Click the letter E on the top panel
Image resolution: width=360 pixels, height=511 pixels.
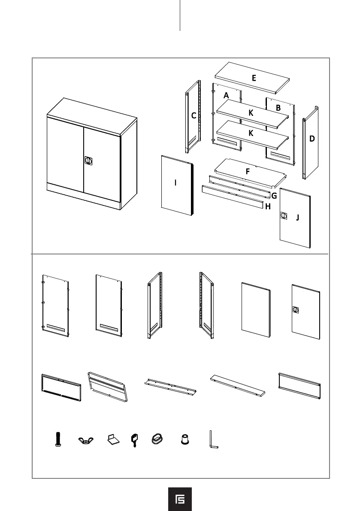click(254, 78)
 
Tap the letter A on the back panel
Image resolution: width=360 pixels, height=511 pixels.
click(226, 95)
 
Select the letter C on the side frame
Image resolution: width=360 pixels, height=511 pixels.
click(194, 116)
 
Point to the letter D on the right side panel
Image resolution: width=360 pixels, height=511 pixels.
click(312, 139)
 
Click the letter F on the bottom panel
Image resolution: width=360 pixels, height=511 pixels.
click(248, 171)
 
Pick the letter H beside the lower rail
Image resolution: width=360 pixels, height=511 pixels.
click(268, 206)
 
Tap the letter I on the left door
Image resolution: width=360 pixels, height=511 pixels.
click(175, 183)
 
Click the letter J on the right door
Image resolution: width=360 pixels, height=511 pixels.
click(297, 218)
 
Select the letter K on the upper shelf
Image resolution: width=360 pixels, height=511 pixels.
click(251, 113)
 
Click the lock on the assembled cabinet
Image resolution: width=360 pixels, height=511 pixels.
click(88, 160)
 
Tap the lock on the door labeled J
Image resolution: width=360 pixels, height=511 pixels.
click(284, 215)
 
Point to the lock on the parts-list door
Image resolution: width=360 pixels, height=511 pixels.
click(296, 309)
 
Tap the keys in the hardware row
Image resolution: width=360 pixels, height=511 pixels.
click(134, 440)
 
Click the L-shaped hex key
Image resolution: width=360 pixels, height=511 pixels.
click(212, 440)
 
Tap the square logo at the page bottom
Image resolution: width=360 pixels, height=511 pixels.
click(180, 499)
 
